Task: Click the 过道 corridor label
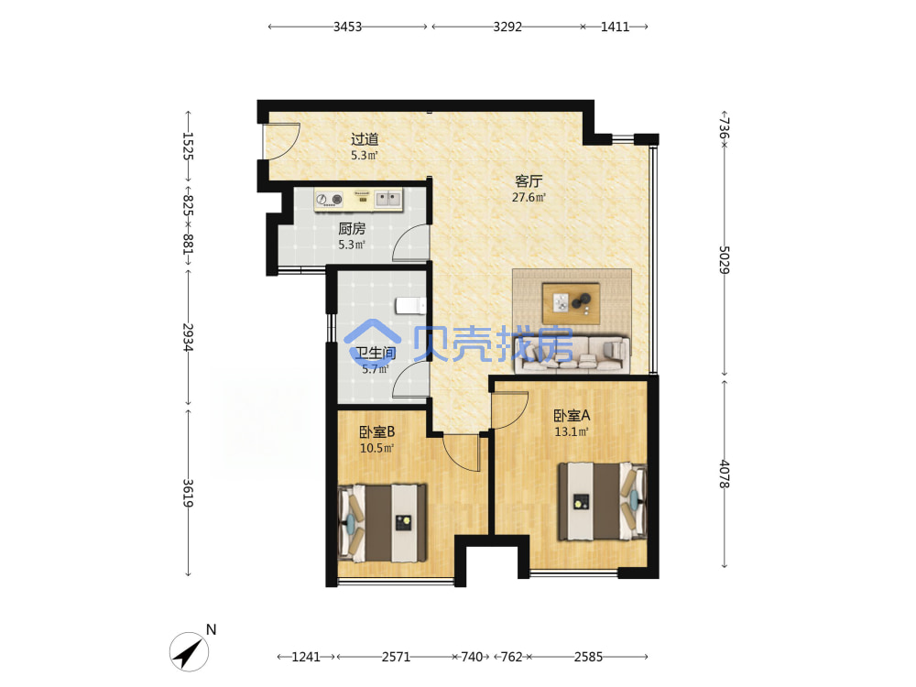tap(365, 139)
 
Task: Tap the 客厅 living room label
tap(529, 181)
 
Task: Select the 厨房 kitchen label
tap(352, 229)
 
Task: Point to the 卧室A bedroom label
tap(572, 416)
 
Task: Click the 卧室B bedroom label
tap(376, 432)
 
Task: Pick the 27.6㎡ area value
tap(529, 198)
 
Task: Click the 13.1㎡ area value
tap(572, 432)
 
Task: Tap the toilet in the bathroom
tap(411, 306)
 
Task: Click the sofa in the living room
tap(572, 354)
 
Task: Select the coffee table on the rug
tap(571, 303)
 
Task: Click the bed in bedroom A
tap(603, 502)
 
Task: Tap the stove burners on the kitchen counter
tap(329, 200)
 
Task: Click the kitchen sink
tap(387, 199)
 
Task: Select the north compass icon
tap(190, 651)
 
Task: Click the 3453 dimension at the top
tap(347, 27)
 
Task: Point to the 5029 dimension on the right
tap(724, 259)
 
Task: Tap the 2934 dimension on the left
tap(188, 337)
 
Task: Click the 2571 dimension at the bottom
tap(396, 657)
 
